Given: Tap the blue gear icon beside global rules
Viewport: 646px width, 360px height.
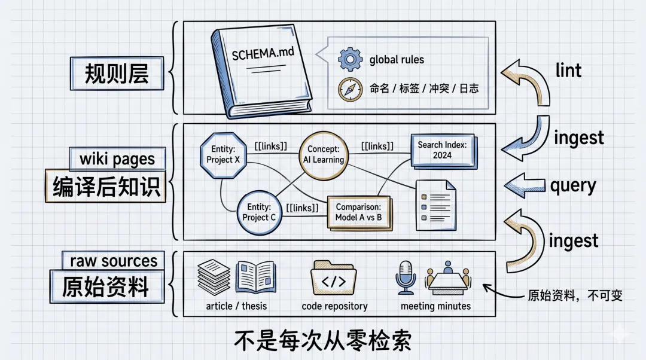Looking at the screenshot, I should (349, 60).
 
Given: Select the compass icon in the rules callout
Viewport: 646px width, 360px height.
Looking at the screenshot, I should (350, 89).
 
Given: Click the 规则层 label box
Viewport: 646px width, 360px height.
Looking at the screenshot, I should (116, 74).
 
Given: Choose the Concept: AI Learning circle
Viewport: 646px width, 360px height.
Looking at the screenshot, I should (323, 154).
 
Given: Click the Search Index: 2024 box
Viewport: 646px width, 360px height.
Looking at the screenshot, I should (442, 150).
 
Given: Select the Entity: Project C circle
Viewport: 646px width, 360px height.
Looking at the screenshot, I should (259, 212).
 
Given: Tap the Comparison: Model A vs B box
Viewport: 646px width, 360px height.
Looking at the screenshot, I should (358, 212).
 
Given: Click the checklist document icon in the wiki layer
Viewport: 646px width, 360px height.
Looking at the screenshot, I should (435, 205).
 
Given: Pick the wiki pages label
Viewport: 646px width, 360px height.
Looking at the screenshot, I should (117, 159).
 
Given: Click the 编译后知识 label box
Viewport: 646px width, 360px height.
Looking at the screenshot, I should (106, 187).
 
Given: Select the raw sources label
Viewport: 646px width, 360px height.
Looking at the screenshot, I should (114, 261).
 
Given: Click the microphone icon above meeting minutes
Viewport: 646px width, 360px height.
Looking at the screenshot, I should (406, 276).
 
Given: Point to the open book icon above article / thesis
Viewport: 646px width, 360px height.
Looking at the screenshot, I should (255, 276).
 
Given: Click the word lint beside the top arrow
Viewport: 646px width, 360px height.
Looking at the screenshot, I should (568, 71).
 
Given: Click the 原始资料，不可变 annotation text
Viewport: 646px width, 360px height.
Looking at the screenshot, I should (575, 295).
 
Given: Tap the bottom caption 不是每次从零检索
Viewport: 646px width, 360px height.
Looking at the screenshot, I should (322, 341).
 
